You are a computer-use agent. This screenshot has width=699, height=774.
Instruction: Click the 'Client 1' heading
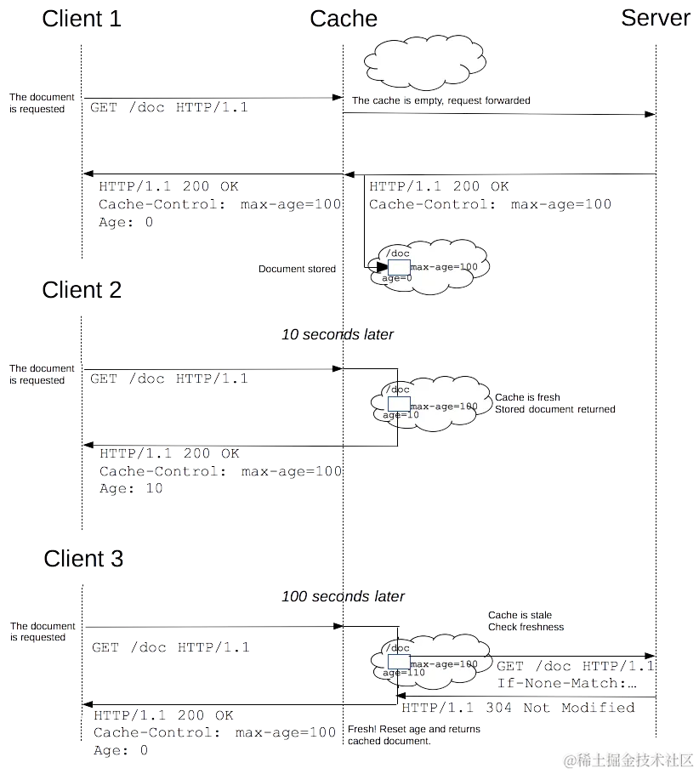82,19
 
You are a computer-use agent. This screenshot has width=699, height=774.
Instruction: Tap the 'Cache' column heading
344,19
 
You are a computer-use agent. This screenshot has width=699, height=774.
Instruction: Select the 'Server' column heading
655,19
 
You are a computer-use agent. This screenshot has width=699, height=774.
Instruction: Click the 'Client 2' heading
82,290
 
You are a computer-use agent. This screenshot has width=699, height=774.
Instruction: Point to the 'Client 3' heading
82,559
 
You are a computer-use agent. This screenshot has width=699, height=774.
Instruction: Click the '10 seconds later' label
338,334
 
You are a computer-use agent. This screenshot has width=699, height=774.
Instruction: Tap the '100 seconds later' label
344,597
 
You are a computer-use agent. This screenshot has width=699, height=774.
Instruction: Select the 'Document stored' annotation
297,269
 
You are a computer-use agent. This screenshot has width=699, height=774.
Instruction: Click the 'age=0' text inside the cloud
397,278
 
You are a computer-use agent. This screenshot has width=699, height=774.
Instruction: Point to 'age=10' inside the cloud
401,415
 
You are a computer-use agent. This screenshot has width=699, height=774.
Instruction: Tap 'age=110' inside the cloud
403,673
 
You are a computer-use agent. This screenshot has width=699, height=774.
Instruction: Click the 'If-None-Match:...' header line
567,683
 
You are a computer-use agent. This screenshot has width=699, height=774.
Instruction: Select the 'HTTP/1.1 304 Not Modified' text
518,708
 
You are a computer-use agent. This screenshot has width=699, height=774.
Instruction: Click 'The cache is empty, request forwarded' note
440,100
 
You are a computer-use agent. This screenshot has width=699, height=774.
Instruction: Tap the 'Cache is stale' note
520,615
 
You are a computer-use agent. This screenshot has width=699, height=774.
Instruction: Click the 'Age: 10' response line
131,489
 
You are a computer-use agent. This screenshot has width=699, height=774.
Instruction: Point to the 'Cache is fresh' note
528,397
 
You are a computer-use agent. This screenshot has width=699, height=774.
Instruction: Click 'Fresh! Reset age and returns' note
414,729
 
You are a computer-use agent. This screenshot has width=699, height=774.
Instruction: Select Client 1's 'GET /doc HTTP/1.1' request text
169,108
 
